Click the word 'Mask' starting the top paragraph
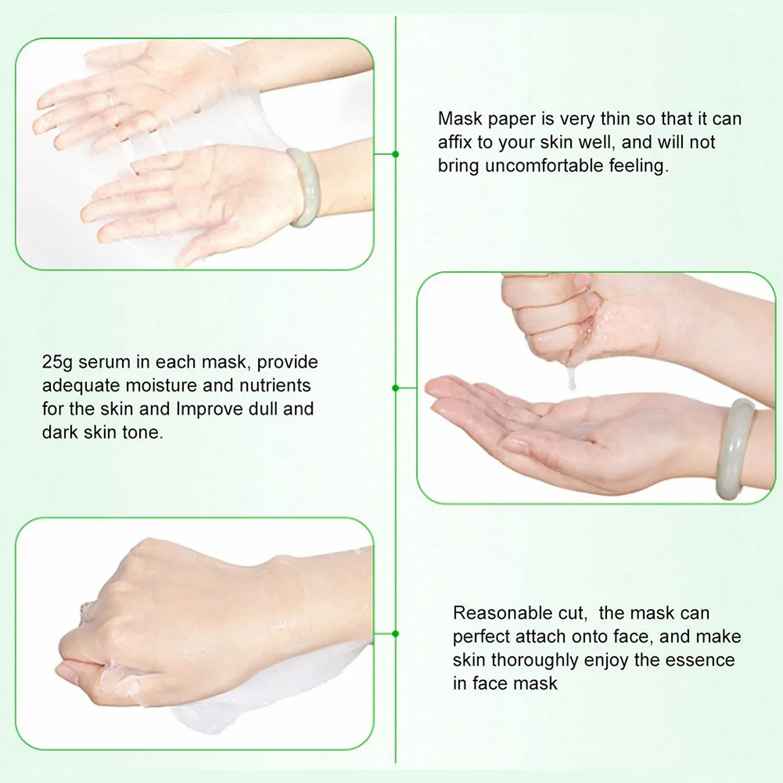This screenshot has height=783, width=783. (x=460, y=119)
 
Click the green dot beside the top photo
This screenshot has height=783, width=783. (x=395, y=154)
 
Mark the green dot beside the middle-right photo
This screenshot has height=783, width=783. (x=395, y=388)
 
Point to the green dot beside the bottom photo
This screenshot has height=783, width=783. (x=395, y=634)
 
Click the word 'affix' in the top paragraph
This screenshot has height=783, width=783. (x=456, y=142)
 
